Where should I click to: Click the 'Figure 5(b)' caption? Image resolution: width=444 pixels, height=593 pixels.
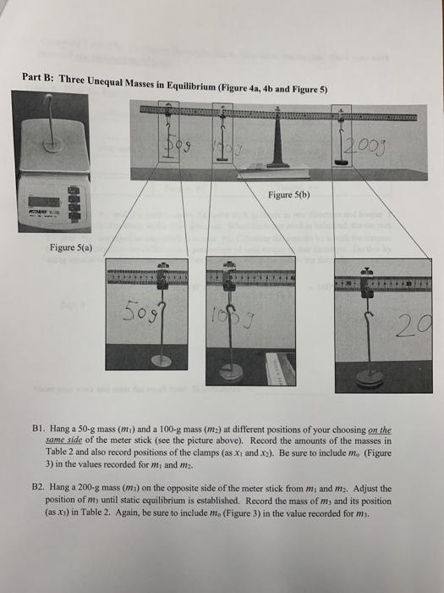[x=290, y=192]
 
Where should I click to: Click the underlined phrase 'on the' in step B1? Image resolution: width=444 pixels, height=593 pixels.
[x=376, y=431]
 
